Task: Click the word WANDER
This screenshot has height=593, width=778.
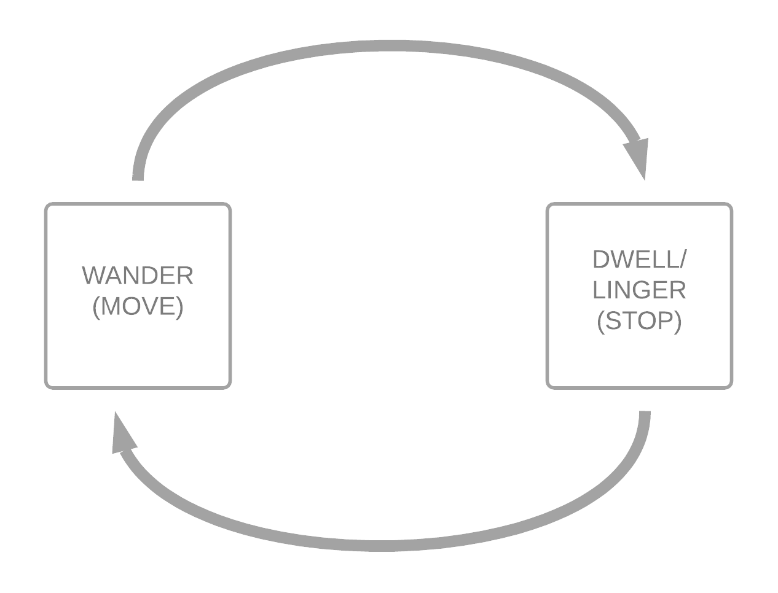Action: pos(138,276)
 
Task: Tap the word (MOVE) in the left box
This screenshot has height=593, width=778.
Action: pos(138,306)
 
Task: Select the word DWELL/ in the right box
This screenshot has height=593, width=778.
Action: pos(639,260)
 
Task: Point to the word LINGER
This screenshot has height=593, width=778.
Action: pos(639,290)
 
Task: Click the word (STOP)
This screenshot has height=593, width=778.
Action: pos(639,320)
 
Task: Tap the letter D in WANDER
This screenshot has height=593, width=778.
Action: pos(146,276)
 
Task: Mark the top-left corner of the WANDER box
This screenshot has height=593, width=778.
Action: pos(46,204)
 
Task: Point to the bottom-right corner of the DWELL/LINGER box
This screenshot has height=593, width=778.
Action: pos(731,387)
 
